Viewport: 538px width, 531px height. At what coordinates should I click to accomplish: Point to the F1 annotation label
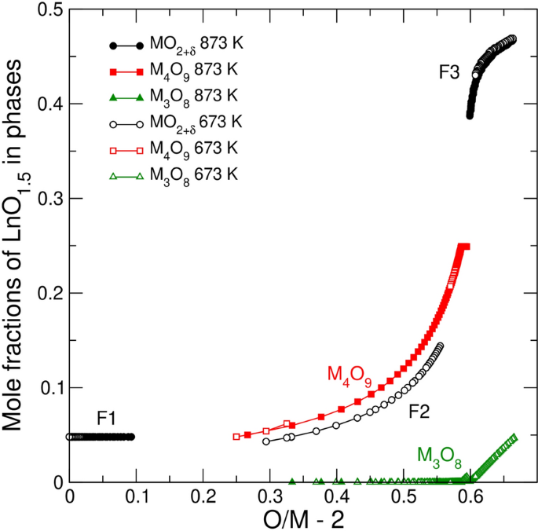tap(107, 419)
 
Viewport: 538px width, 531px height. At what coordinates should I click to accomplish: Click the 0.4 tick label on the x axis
tap(337, 497)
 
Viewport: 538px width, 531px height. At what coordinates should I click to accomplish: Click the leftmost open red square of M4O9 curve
tap(236, 437)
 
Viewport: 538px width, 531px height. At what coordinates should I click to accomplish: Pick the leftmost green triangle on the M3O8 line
tap(292, 482)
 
